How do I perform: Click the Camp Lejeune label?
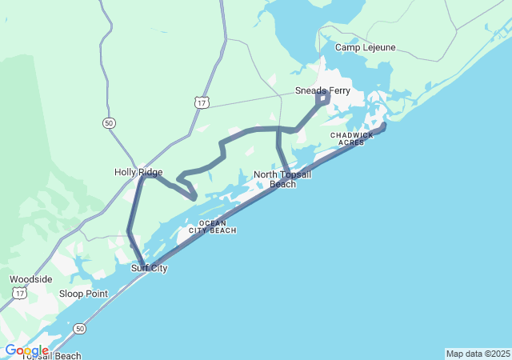(365, 47)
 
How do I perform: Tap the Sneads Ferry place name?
(322, 90)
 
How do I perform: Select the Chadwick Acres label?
(351, 138)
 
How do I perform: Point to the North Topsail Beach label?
(282, 179)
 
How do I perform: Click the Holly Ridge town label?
(138, 172)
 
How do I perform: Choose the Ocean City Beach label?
(212, 226)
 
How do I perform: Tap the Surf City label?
(150, 268)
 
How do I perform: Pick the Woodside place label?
(31, 279)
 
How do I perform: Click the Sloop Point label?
(83, 294)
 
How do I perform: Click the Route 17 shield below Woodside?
(19, 294)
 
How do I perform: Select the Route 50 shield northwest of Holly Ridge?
(109, 122)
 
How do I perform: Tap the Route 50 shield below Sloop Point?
(79, 328)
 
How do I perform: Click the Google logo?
(26, 350)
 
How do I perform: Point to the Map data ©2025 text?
(477, 354)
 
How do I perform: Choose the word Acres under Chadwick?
(351, 142)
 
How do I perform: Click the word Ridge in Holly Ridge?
(151, 172)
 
